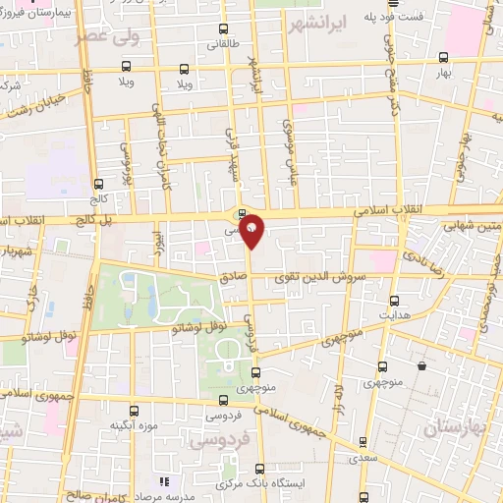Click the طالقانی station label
click(x=220, y=44)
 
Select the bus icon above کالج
click(x=98, y=184)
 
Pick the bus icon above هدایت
click(x=394, y=300)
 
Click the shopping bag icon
click(x=421, y=366)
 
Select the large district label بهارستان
click(x=453, y=429)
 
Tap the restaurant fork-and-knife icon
click(x=164, y=482)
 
